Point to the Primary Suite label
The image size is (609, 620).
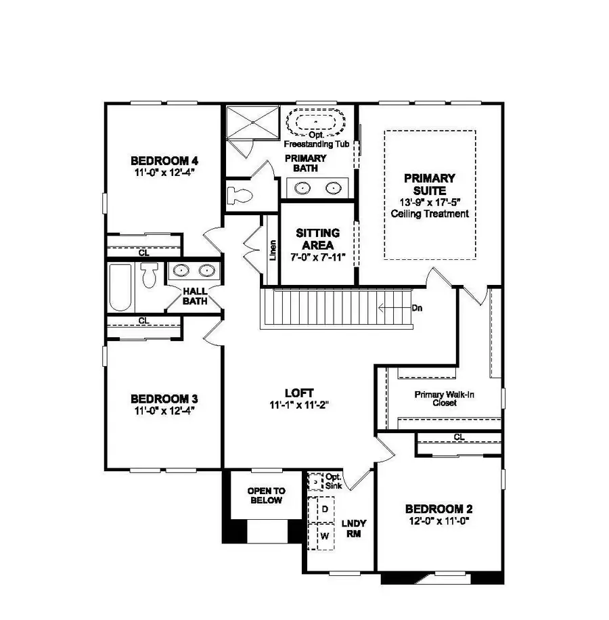pyautogui.click(x=430, y=184)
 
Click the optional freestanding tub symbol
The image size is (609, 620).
pyautogui.click(x=316, y=124)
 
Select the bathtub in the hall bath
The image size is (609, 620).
pyautogui.click(x=120, y=288)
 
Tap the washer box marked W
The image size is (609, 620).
pyautogui.click(x=324, y=536)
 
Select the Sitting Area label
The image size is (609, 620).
pyautogui.click(x=317, y=239)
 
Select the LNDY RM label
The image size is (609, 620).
pyautogui.click(x=353, y=528)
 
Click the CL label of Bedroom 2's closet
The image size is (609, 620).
pyautogui.click(x=459, y=437)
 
